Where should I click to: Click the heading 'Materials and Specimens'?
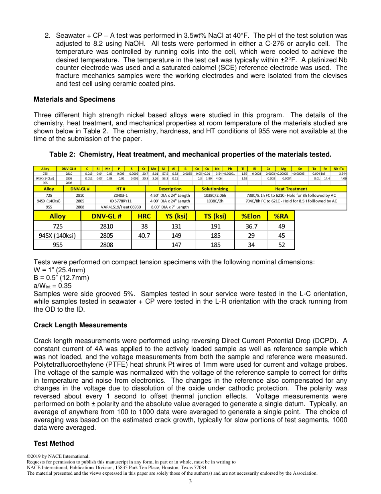pos(74,99)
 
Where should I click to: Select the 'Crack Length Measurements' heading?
pos(80,325)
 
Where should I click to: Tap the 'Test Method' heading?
pos(54,443)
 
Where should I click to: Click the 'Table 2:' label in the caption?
pos(63,155)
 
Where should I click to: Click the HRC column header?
pos(144,216)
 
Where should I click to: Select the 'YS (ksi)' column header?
pos(176,216)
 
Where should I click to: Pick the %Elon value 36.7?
pos(251,227)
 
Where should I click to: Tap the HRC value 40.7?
pos(144,236)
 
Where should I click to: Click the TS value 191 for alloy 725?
pos(215,227)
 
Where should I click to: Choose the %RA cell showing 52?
pos(282,245)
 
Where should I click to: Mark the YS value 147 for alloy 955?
pos(176,245)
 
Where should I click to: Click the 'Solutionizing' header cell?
pos(215,189)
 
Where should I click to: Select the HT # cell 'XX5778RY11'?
pos(120,201)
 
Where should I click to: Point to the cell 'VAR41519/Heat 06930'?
pos(120,207)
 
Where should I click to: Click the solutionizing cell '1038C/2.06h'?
pos(215,195)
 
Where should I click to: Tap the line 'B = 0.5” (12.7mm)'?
pos(61,278)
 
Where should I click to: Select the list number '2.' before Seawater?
pos(47,36)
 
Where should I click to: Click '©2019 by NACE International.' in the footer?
pos(58,456)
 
